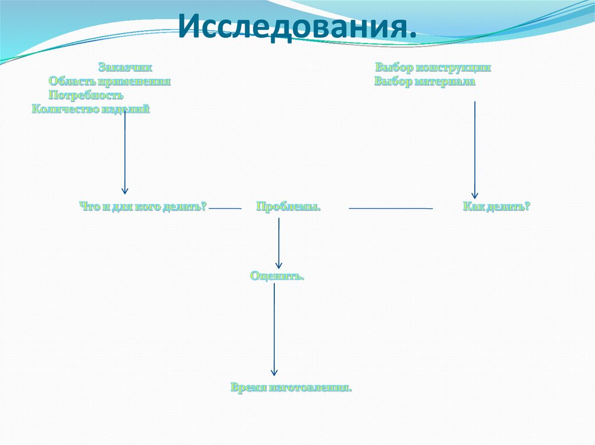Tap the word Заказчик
(126, 67)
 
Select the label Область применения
(110, 81)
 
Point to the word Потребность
(86, 95)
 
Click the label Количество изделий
(91, 108)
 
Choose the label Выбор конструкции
(433, 67)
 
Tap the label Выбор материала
(425, 82)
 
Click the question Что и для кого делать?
(143, 206)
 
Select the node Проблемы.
(288, 207)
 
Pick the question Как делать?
(497, 206)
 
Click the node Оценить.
(277, 276)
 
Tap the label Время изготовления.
(291, 387)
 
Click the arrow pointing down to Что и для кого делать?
(124, 151)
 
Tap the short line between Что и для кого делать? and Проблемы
(225, 208)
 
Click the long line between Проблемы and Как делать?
(390, 208)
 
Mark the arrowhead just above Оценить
(279, 265)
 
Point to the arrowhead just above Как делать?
(475, 196)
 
